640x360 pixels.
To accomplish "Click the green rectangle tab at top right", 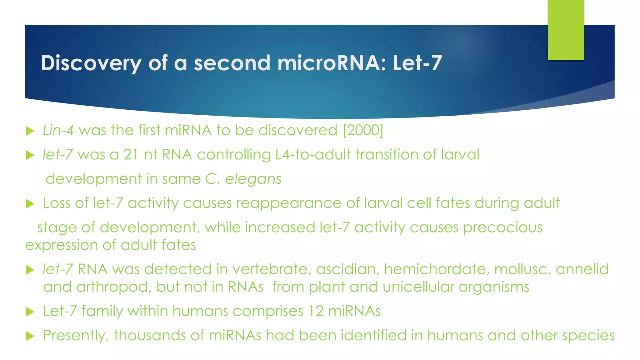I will tap(566, 30).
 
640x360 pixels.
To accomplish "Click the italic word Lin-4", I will tap(58, 130).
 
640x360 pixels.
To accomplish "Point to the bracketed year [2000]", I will tap(363, 130).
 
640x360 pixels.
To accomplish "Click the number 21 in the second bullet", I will tap(131, 155).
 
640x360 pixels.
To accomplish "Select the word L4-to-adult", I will tap(313, 155).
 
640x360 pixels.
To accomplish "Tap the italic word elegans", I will tap(253, 179).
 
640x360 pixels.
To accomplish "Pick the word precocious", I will tap(502, 227).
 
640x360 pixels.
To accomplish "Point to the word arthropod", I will tap(114, 287).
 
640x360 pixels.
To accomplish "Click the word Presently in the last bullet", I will tap(76, 336).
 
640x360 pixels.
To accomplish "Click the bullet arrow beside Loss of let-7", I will tap(30, 204).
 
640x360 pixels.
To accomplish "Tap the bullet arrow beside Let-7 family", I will tap(30, 312).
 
